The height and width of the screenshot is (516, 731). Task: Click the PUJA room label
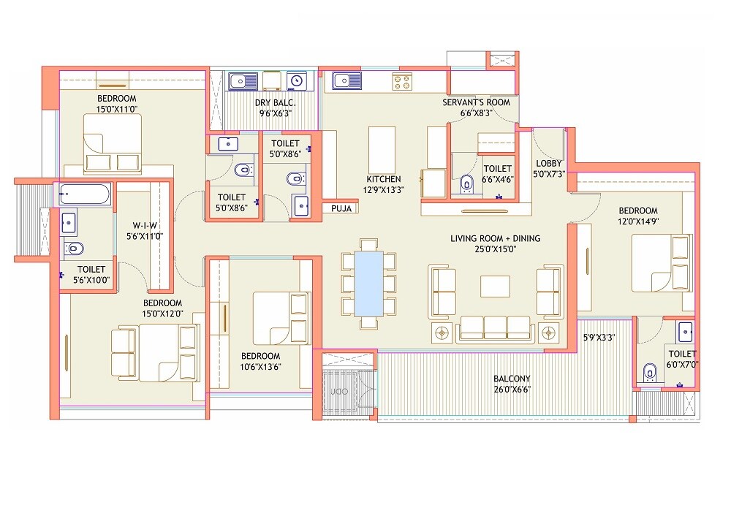[x=341, y=208]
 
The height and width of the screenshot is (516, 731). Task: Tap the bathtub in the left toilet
[x=84, y=195]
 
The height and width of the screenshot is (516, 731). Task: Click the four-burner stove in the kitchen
[x=402, y=81]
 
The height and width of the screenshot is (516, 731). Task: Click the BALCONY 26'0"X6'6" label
[x=511, y=384]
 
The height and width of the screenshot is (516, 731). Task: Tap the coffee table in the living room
[x=495, y=286]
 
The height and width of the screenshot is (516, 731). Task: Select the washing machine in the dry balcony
[x=296, y=80]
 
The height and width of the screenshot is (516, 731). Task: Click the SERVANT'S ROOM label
[x=476, y=102]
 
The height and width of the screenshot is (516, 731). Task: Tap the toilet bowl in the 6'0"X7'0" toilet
[x=648, y=373]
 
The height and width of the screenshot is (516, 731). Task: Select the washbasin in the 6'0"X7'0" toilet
[x=685, y=332]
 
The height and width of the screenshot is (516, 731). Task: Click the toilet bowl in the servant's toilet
[x=466, y=183]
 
